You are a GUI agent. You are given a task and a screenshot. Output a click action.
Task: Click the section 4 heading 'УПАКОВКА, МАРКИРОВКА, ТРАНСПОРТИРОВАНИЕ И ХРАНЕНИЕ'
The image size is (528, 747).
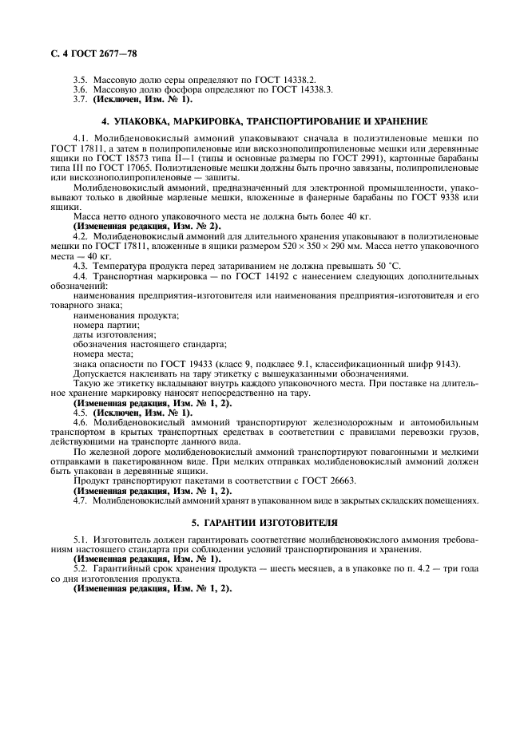(x=263, y=121)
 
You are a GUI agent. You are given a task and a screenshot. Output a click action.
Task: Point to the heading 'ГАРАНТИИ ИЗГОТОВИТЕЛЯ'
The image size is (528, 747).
(x=264, y=522)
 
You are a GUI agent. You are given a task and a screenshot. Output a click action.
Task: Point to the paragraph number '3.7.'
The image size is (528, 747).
(x=81, y=100)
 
